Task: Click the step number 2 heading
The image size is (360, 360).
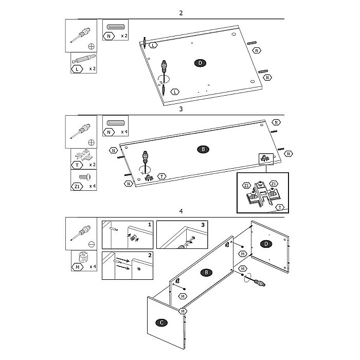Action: [181, 13]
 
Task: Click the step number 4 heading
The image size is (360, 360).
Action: [181, 211]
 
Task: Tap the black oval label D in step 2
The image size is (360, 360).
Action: [200, 63]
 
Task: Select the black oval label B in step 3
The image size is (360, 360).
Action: [203, 150]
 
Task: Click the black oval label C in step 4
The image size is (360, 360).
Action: [161, 322]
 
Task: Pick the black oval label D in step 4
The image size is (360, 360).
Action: [266, 244]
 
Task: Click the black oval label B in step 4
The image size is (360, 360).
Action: [206, 273]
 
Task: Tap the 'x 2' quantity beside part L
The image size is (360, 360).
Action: [92, 68]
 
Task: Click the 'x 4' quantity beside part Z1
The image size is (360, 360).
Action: [92, 186]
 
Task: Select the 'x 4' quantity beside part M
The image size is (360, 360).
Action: [93, 266]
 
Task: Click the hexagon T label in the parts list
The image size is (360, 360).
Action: [77, 165]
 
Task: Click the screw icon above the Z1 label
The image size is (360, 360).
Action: [85, 177]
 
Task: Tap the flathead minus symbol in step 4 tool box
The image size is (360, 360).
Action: [92, 244]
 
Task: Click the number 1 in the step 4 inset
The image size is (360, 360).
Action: [150, 224]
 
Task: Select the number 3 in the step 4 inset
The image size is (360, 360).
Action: [203, 225]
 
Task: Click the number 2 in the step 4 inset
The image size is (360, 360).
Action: [150, 255]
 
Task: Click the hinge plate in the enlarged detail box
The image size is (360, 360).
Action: [263, 194]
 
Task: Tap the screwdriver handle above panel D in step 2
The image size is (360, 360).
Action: [164, 66]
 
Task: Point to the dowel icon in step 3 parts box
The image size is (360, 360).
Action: [116, 123]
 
